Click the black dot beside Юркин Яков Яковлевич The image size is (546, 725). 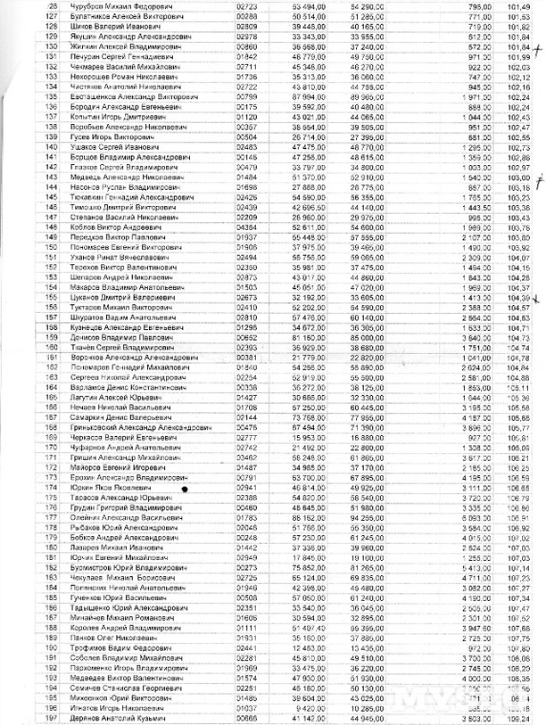(186, 489)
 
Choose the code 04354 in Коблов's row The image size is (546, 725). (248, 229)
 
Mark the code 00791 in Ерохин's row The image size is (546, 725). (248, 479)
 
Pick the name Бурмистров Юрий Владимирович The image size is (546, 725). (130, 566)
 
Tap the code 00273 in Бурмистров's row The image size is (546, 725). (248, 566)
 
